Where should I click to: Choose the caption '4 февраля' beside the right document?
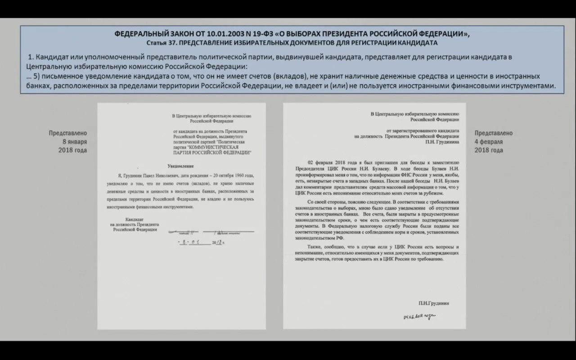click(x=488, y=142)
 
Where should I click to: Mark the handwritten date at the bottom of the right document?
click(x=419, y=317)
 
